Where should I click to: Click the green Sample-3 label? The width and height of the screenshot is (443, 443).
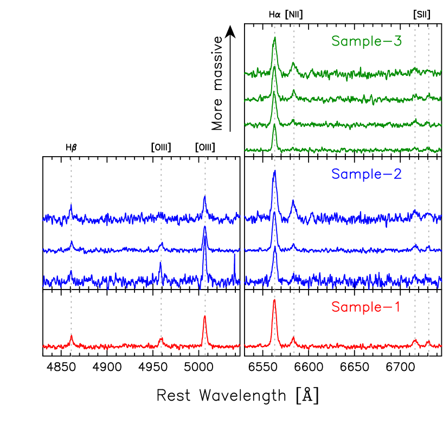pyautogui.click(x=367, y=41)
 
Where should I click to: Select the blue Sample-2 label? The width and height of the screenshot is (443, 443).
pyautogui.click(x=367, y=174)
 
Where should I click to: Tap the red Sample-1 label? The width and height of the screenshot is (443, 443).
pyautogui.click(x=365, y=307)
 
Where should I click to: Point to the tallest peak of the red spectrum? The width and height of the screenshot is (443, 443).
pyautogui.click(x=274, y=301)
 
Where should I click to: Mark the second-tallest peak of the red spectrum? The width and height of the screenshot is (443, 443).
pyautogui.click(x=205, y=317)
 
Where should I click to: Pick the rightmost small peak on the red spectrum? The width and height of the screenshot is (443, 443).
pyautogui.click(x=428, y=342)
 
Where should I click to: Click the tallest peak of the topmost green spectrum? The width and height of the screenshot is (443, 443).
pyautogui.click(x=274, y=38)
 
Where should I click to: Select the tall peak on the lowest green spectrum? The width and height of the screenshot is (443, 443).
pyautogui.click(x=274, y=125)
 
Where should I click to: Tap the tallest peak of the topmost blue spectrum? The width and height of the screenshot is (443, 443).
pyautogui.click(x=274, y=172)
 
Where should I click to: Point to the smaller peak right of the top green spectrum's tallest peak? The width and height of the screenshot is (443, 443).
pyautogui.click(x=293, y=63)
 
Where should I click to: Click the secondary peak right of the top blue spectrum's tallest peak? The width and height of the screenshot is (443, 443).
pyautogui.click(x=293, y=202)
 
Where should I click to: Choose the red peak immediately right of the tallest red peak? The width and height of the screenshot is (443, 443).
pyautogui.click(x=293, y=337)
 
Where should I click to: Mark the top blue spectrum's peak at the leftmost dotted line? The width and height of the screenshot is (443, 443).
pyautogui.click(x=71, y=205)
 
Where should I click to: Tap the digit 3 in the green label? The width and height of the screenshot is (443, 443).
pyautogui.click(x=397, y=41)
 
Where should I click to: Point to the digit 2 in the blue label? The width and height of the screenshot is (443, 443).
pyautogui.click(x=397, y=174)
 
